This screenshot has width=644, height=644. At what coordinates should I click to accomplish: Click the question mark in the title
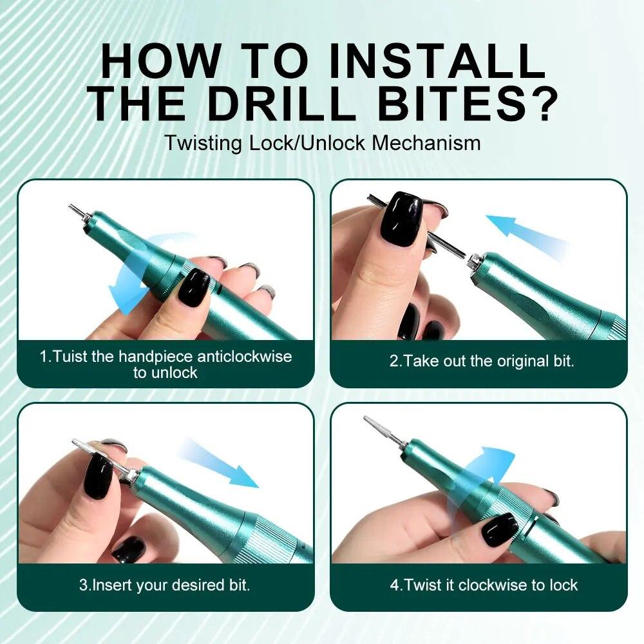pyautogui.click(x=538, y=103)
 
